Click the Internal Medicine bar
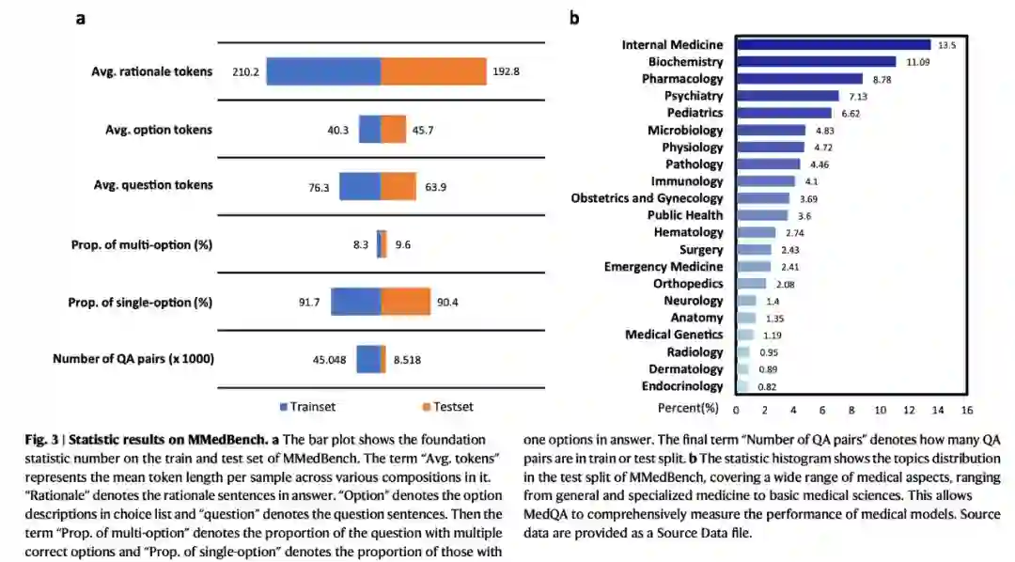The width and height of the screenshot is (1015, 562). point(833,44)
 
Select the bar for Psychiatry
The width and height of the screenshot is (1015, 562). point(787,96)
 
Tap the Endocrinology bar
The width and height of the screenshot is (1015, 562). point(742,386)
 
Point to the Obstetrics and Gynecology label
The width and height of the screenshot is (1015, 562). point(647,198)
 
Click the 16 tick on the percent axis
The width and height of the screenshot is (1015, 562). point(966,410)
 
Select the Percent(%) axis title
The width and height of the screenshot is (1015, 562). point(688,409)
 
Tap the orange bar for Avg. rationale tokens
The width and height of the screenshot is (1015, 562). point(433,71)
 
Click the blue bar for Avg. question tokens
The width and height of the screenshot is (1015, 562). point(360,186)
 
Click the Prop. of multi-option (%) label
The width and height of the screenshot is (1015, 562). point(142,245)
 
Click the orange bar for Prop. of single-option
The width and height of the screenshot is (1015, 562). point(405,303)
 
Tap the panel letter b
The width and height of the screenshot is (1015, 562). point(574,18)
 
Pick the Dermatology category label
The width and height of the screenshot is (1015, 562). point(686,369)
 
